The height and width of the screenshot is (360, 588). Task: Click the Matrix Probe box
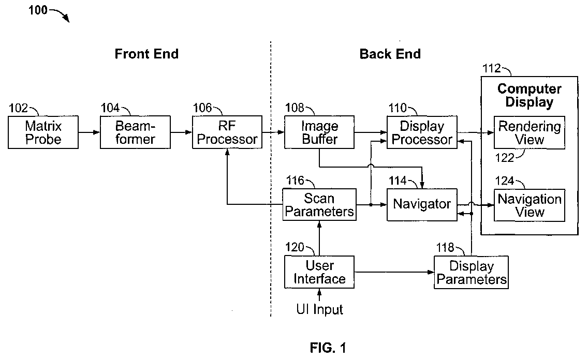point(43,132)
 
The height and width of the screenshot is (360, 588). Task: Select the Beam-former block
point(135,132)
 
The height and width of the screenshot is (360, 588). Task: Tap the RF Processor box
point(227,132)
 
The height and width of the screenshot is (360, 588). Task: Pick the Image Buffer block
point(319,132)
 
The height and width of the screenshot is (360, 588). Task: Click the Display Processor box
point(422,132)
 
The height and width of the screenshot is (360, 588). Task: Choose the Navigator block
point(422,204)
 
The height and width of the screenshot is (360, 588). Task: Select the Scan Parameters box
point(319,204)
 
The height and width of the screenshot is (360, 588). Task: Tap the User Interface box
point(319,272)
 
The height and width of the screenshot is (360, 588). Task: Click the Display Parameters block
point(471,273)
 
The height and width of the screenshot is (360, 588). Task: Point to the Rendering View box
point(529,133)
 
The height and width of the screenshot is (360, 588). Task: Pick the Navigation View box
point(529,205)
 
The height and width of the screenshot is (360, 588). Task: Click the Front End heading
point(146,54)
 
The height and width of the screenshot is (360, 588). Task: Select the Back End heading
point(390,54)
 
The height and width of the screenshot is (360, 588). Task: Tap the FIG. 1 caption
point(328,348)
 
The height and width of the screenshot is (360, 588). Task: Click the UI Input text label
point(319,309)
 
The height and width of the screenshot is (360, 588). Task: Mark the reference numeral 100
point(37,10)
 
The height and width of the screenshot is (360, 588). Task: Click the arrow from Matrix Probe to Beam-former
point(89,132)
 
